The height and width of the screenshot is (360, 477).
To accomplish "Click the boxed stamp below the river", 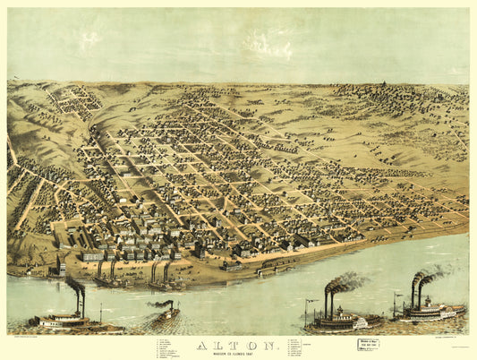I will pos(368,344).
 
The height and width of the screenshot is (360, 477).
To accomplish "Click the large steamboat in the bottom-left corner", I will pos(63,317).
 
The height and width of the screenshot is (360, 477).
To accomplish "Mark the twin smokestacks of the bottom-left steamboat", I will pos(79,299).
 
